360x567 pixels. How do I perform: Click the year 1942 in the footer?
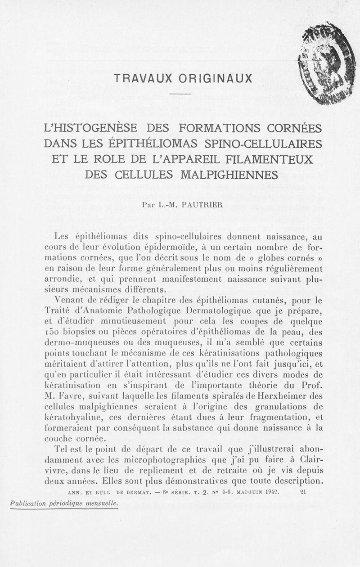point(270,492)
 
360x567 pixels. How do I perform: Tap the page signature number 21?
point(303,492)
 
